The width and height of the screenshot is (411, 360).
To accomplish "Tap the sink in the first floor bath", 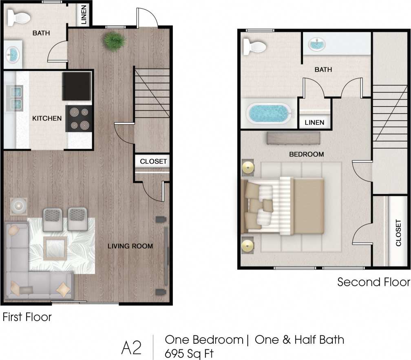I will tap(13, 54).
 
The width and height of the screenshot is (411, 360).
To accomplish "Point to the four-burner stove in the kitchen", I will tap(79, 118).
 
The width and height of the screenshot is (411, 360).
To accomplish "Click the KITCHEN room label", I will tap(47, 118).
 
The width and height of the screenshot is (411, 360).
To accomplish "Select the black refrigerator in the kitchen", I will tap(76, 86).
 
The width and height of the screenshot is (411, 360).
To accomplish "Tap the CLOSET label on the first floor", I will tap(153, 161).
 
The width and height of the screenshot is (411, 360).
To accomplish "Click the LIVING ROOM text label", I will tap(130, 246).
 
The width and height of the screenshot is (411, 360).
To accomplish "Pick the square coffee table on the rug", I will tap(55, 248).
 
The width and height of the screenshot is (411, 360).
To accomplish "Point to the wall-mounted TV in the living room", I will tap(166, 256).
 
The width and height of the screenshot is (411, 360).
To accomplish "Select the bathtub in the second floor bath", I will tap(268, 113).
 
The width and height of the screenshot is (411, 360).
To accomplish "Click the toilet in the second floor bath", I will tap(253, 46).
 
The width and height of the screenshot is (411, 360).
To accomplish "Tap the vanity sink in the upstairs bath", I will tap(316, 44).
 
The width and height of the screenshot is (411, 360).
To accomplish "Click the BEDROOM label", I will tap(306, 154).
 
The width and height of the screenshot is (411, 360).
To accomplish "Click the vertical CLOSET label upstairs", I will tap(398, 233).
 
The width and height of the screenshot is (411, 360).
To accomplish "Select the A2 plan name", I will tap(131, 347).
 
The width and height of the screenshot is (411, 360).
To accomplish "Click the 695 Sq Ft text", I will tap(189, 353).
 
